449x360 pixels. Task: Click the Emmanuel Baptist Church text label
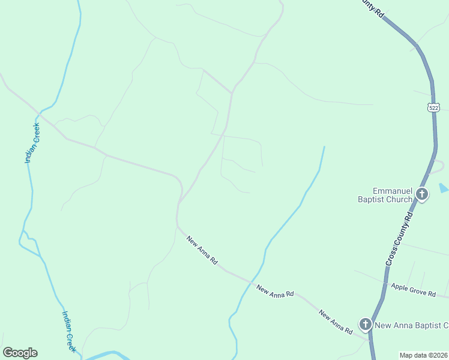click(393, 195)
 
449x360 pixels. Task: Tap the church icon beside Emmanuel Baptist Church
click(422, 194)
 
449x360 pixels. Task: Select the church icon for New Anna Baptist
click(365, 325)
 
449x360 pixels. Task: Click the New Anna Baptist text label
click(412, 326)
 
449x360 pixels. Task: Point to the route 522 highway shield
click(433, 107)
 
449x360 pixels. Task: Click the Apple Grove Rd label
click(413, 290)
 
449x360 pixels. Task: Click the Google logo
click(20, 353)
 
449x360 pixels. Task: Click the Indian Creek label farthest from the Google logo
click(32, 143)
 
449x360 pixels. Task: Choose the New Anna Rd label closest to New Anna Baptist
click(336, 322)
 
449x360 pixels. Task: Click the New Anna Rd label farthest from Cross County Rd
click(202, 250)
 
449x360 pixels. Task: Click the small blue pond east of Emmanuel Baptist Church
click(443, 188)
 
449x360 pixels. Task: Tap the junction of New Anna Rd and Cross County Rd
click(370, 340)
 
